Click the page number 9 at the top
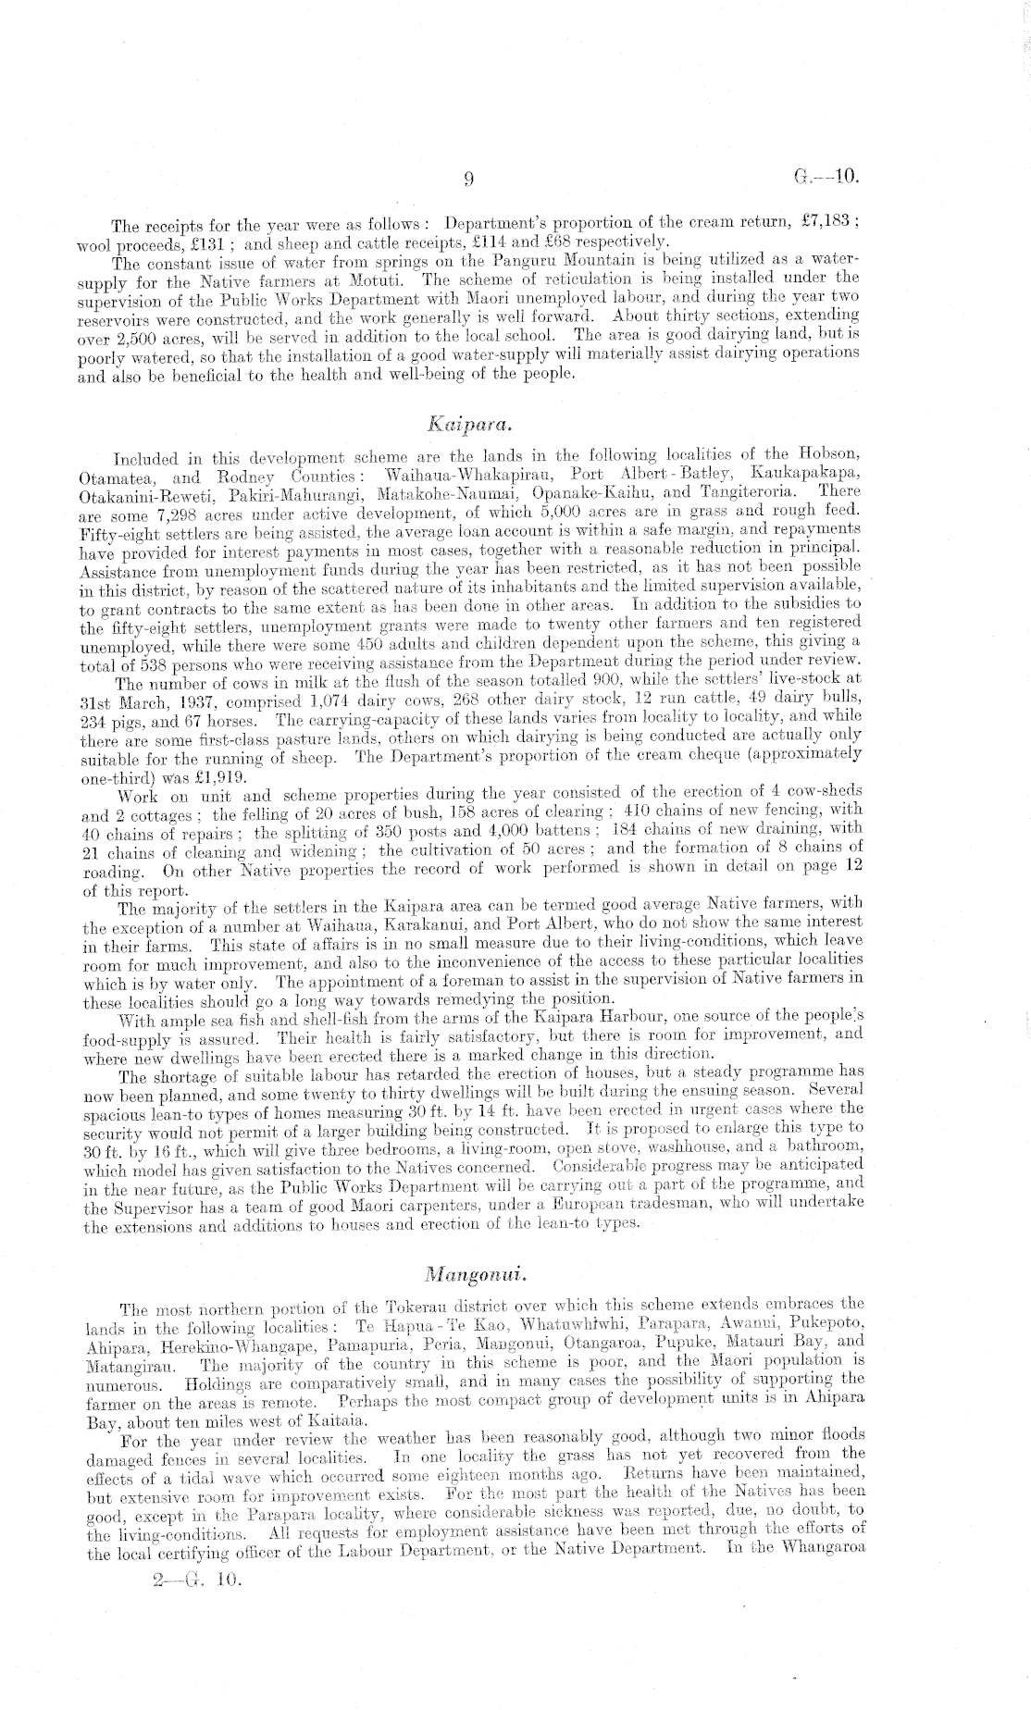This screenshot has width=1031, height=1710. [469, 180]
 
